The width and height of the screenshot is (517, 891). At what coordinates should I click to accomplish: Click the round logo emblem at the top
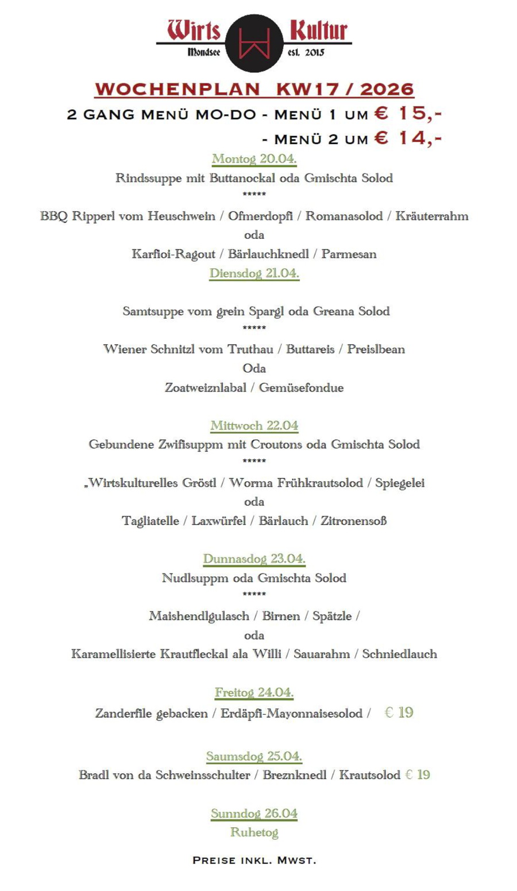coord(254,44)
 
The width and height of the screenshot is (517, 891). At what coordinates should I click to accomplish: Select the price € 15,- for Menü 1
coord(407,113)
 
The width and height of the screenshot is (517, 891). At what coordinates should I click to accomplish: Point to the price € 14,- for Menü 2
coord(407,138)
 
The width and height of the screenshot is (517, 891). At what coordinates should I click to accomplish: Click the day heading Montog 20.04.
coord(254,158)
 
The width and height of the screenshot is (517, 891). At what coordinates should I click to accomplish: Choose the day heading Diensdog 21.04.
coord(254,273)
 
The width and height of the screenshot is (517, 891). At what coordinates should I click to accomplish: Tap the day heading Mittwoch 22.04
coord(254,425)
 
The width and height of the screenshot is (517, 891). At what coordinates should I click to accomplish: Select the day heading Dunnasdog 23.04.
coord(254,559)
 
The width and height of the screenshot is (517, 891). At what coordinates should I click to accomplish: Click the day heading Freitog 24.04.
coord(254,692)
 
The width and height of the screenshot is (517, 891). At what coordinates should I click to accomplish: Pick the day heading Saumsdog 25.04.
coord(254,756)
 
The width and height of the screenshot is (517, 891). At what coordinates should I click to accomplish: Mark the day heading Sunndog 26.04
coord(254,813)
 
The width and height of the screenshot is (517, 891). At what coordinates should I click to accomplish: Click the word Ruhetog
coord(254,832)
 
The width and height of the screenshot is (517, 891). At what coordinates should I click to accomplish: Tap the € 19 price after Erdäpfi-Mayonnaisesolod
coord(399,712)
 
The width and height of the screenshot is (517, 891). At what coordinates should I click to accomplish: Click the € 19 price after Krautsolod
coord(418,775)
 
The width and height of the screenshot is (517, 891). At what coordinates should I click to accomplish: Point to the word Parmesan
coord(349,254)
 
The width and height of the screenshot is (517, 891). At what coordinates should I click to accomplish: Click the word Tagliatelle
coord(150,521)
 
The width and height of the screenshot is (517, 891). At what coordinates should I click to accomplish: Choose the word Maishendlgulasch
coord(199,616)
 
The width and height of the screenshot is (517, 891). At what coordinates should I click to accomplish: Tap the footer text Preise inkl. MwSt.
coord(254,860)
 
